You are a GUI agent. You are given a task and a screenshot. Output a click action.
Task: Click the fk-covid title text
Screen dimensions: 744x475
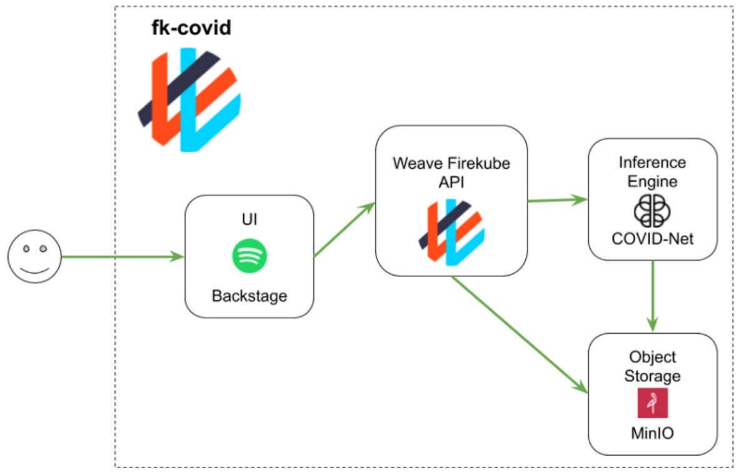(x=191, y=27)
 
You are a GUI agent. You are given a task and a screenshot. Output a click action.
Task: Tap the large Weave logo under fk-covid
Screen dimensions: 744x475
(x=189, y=99)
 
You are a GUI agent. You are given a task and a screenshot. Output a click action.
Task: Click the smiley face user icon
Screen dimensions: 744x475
(x=34, y=257)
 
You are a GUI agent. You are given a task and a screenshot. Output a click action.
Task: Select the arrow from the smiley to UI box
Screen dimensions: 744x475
(x=123, y=257)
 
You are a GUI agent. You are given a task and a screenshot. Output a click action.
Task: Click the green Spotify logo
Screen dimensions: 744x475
(x=249, y=256)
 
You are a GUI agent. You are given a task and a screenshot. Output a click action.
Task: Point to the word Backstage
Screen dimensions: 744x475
(x=249, y=296)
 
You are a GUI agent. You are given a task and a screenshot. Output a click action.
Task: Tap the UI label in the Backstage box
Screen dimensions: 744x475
(x=249, y=219)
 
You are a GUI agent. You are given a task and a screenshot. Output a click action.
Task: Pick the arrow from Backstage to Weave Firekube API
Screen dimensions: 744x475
(x=344, y=229)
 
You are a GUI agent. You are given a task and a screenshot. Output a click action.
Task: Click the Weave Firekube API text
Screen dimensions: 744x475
(x=451, y=172)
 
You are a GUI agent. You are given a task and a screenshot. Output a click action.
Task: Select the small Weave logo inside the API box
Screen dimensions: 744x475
(x=451, y=232)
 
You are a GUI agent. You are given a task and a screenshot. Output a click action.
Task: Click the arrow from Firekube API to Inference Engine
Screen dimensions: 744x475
(x=558, y=200)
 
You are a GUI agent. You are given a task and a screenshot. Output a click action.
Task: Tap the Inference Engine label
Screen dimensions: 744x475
(x=653, y=172)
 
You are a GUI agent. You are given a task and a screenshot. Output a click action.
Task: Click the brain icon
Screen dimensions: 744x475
(x=653, y=211)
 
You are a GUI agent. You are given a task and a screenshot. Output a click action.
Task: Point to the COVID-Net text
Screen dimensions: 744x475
(x=653, y=239)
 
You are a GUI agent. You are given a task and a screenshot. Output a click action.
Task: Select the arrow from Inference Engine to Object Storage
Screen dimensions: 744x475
(x=653, y=296)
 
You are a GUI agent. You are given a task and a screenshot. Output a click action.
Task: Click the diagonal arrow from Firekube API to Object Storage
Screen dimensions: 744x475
(x=520, y=335)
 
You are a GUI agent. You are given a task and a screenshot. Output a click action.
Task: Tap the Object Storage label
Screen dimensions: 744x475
(x=653, y=366)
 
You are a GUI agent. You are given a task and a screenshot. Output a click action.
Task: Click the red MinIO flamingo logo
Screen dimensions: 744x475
(x=653, y=403)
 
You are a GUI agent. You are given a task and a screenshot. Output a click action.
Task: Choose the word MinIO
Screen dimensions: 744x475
(x=653, y=433)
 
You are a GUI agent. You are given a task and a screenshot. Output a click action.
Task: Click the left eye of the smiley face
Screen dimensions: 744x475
(x=26, y=249)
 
